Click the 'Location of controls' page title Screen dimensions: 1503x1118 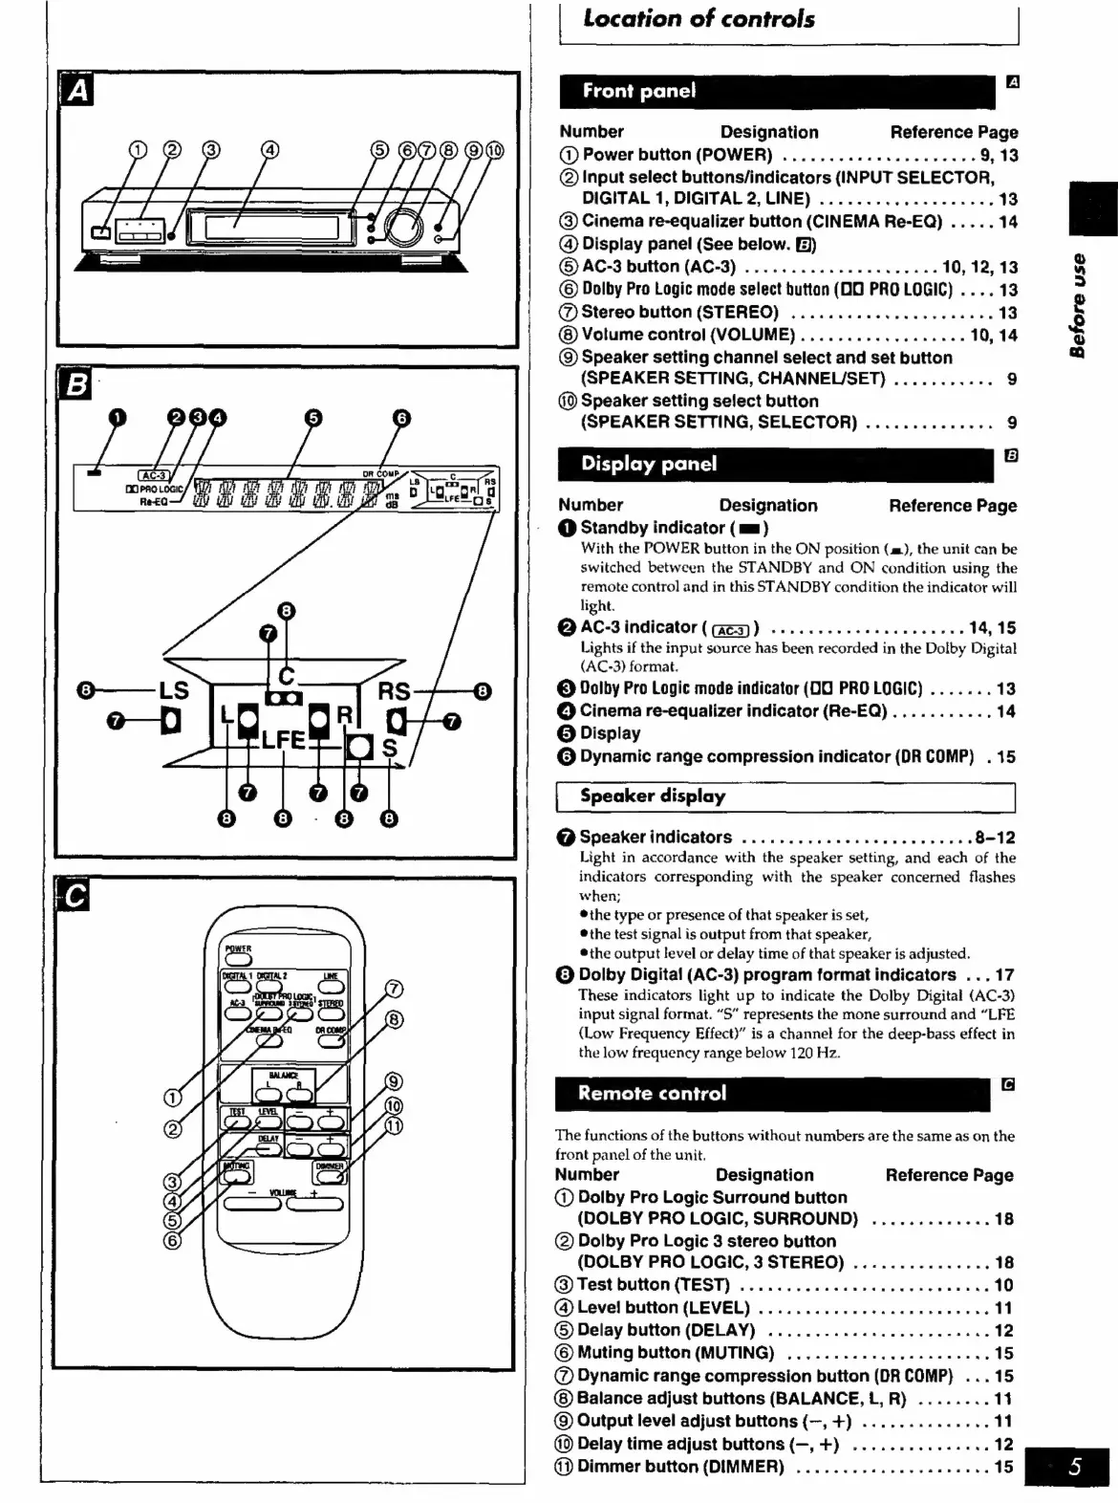coord(699,19)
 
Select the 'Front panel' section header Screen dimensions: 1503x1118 coord(639,92)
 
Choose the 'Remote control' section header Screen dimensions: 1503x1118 coord(652,1094)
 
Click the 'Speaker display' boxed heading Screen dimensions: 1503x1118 coord(653,796)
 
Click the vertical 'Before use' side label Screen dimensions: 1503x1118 coord(1079,305)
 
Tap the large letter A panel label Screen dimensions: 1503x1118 coord(76,92)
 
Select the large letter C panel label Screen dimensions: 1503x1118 coord(74,897)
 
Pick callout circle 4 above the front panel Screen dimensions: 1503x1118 coord(270,149)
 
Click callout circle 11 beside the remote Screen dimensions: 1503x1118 coord(394,1126)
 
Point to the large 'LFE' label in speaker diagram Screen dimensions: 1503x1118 coord(283,740)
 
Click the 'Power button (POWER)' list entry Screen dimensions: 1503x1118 coord(677,155)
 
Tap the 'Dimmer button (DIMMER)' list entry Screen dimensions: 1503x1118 coord(679,1467)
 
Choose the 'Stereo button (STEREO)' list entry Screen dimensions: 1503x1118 coord(679,313)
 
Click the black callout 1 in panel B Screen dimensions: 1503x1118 coord(117,417)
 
